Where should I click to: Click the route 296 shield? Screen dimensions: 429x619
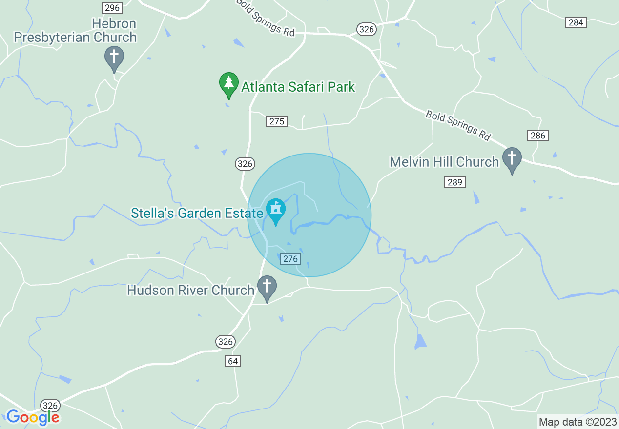(112, 7)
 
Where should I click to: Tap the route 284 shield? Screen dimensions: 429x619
(576, 22)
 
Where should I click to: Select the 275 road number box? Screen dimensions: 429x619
(277, 121)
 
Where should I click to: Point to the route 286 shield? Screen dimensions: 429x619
(537, 136)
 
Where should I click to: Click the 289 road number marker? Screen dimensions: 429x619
(455, 182)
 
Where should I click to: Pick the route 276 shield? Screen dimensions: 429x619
(290, 259)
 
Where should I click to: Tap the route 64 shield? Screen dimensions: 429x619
(233, 361)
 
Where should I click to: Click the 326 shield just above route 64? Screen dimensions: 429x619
(226, 341)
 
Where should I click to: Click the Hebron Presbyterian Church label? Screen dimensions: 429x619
(75, 30)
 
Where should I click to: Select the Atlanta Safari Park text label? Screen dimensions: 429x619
(298, 87)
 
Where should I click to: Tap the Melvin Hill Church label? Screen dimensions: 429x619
(444, 162)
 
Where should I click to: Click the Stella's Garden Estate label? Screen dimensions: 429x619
(197, 213)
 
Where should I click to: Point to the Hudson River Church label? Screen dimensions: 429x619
(190, 290)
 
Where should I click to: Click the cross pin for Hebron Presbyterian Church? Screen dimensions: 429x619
(114, 58)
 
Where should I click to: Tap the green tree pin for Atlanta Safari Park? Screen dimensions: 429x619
(228, 85)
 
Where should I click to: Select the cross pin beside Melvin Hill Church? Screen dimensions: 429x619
(512, 160)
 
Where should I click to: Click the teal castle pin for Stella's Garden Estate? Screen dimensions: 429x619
(276, 211)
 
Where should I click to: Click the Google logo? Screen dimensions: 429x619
(33, 417)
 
